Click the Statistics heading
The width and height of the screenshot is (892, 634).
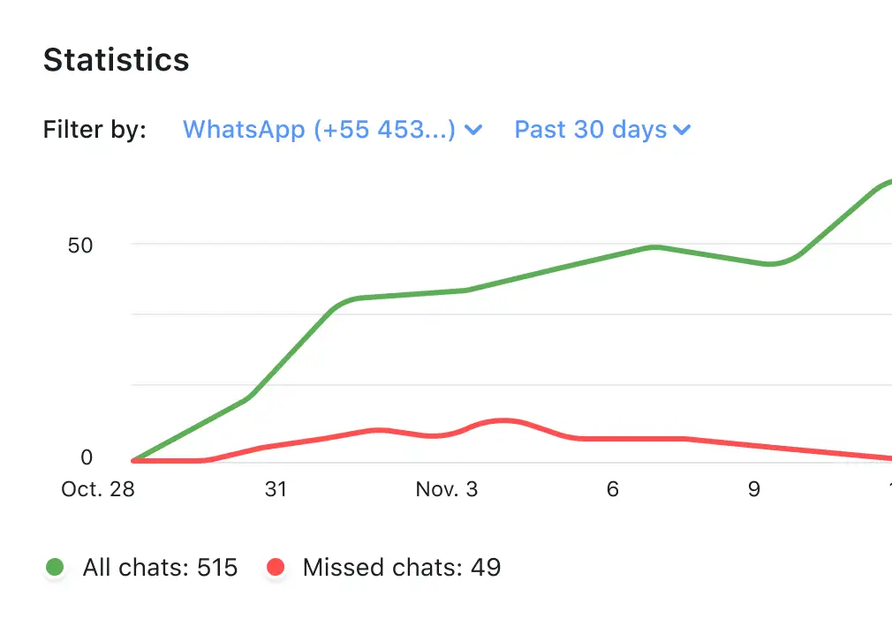[x=116, y=60]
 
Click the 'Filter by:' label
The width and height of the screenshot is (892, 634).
[x=94, y=130]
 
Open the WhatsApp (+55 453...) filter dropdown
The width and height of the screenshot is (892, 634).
[x=319, y=130]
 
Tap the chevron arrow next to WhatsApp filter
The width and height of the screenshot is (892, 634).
[x=473, y=131]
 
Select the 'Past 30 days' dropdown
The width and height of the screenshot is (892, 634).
[x=591, y=130]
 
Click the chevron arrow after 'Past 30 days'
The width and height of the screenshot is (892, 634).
[x=682, y=131]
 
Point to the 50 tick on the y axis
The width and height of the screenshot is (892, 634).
[x=80, y=245]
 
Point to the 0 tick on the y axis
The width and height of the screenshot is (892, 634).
[x=87, y=457]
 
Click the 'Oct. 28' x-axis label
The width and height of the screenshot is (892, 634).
[x=98, y=489]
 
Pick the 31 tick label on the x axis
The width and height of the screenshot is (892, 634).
[x=276, y=489]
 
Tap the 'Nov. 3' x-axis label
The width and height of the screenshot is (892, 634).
[x=447, y=489]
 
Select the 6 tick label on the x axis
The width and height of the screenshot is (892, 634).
[x=613, y=489]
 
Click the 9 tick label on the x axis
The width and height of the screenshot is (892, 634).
[x=754, y=489]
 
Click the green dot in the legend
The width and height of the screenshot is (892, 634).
[x=55, y=567]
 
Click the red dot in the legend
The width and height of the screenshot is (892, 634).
[x=276, y=567]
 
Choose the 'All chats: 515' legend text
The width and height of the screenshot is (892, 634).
[x=160, y=567]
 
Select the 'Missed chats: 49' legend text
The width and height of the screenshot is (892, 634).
[x=402, y=567]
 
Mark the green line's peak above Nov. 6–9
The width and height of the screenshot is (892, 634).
[x=654, y=247]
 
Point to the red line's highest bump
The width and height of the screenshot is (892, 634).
[x=503, y=420]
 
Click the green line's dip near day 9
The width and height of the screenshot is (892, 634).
[x=770, y=264]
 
